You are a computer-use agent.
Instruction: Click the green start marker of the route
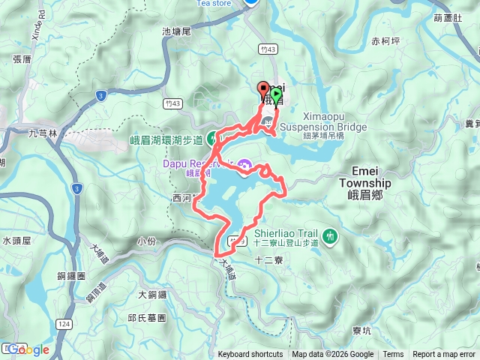click(276, 95)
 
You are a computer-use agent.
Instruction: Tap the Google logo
click(28, 349)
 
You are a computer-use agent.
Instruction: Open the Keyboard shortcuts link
click(250, 355)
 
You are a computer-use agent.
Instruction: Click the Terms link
click(393, 355)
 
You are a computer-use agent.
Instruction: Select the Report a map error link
click(445, 355)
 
